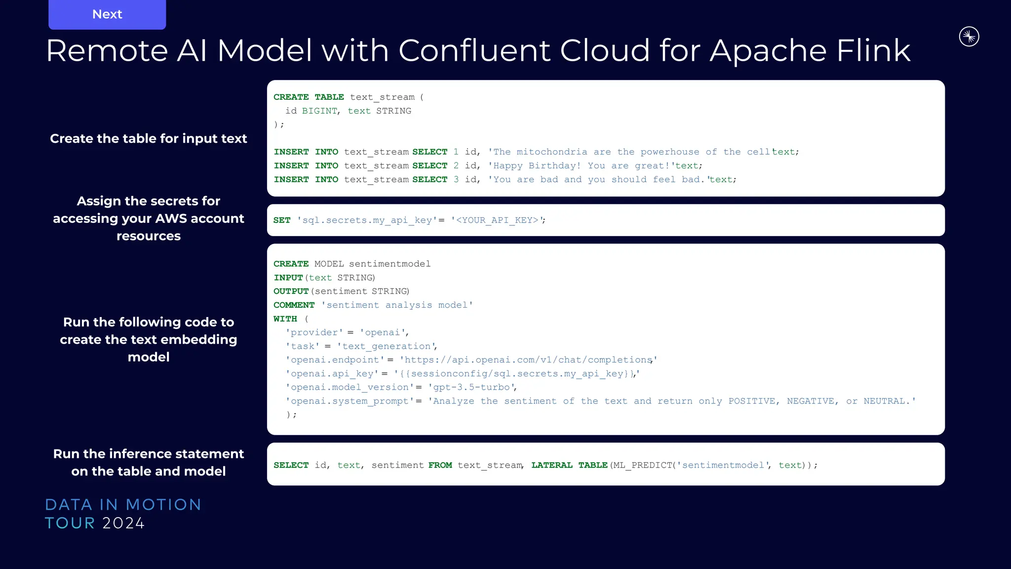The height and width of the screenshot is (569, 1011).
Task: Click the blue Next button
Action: pyautogui.click(x=107, y=14)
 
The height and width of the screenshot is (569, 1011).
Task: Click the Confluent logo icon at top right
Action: pyautogui.click(x=969, y=37)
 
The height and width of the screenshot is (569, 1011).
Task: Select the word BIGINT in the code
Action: pyautogui.click(x=319, y=111)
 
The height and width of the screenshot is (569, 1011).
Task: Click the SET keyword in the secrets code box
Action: pyautogui.click(x=282, y=220)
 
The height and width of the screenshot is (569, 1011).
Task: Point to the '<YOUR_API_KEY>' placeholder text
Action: pyautogui.click(x=497, y=220)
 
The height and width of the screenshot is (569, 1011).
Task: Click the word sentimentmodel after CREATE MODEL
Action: pyautogui.click(x=389, y=264)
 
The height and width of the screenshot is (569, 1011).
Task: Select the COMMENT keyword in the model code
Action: pyautogui.click(x=294, y=305)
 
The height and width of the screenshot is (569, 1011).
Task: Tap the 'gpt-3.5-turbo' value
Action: pyautogui.click(x=471, y=387)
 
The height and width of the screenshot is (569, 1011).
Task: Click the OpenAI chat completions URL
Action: pyautogui.click(x=528, y=360)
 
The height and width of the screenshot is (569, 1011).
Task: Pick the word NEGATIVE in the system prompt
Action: pyautogui.click(x=810, y=401)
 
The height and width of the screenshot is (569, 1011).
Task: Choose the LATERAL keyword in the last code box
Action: pyautogui.click(x=551, y=465)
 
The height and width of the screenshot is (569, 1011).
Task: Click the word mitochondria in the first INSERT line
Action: pyautogui.click(x=551, y=152)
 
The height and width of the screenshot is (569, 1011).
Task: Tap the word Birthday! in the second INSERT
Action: pyautogui.click(x=554, y=166)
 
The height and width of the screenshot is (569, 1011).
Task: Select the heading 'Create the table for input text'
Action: pyautogui.click(x=148, y=139)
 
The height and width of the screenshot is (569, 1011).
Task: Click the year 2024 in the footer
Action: pyautogui.click(x=123, y=523)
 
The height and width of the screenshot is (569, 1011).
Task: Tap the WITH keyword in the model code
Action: pyautogui.click(x=285, y=319)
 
